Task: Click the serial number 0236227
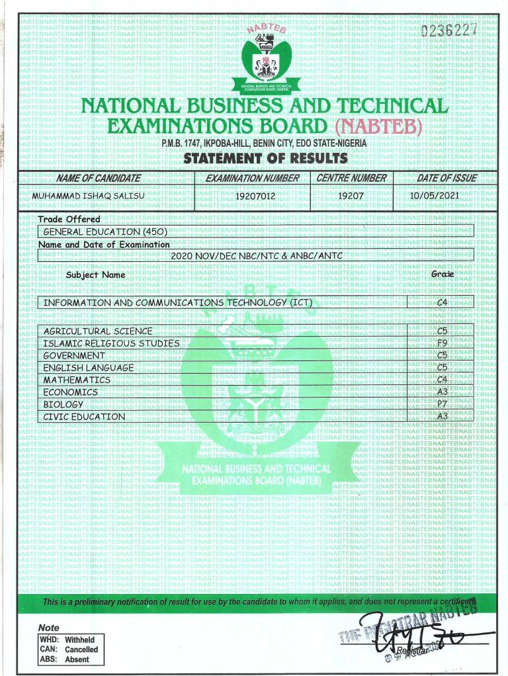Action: [x=448, y=31]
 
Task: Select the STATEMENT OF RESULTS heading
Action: [x=265, y=159]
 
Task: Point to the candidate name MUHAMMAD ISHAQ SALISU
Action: [x=88, y=196]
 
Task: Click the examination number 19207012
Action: [x=255, y=196]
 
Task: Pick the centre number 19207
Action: [x=351, y=196]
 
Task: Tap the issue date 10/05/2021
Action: [x=434, y=196]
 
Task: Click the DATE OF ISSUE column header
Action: [x=446, y=178]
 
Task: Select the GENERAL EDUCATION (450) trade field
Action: [x=105, y=232]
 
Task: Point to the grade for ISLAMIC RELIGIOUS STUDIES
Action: [x=443, y=343]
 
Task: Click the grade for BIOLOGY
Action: [x=443, y=404]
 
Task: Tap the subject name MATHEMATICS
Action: [x=77, y=380]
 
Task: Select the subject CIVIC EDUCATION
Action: [x=84, y=417]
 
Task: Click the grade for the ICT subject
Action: [x=443, y=303]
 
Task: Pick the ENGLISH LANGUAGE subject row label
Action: [x=89, y=368]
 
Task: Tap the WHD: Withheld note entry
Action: [x=67, y=640]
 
